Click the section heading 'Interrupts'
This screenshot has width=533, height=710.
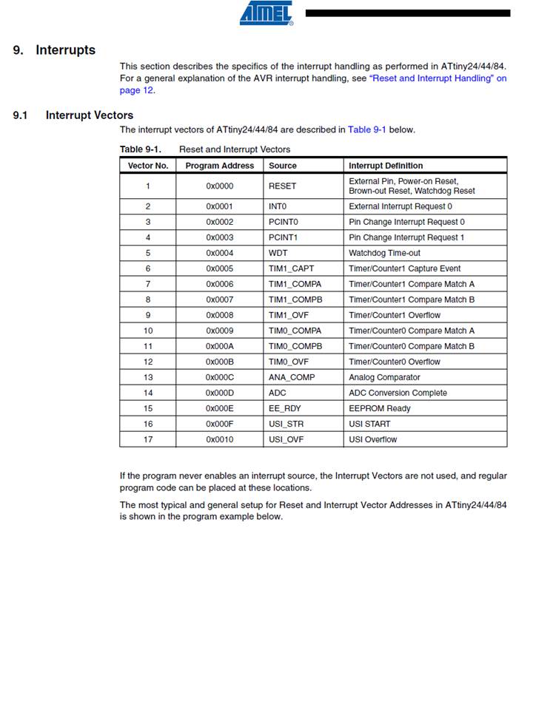point(65,50)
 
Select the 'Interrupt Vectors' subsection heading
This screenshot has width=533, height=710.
point(90,115)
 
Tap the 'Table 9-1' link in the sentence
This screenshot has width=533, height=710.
point(367,129)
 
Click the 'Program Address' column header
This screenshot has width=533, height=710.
point(219,166)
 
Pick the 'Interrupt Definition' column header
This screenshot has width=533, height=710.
point(386,166)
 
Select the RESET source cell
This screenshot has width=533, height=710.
point(282,186)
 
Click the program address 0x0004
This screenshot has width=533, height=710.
point(219,253)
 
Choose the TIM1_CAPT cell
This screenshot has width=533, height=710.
point(291,268)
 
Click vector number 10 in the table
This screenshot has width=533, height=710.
point(148,331)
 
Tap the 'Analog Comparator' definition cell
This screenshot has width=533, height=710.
point(384,377)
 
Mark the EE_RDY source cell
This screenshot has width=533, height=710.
point(285,408)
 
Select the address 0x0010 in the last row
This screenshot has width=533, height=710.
point(219,439)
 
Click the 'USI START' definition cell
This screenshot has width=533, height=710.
point(369,424)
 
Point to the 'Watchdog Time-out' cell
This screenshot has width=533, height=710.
point(384,253)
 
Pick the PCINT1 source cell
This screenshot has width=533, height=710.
point(284,237)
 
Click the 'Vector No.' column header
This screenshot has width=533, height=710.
point(148,166)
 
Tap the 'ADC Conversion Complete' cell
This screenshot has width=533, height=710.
point(398,393)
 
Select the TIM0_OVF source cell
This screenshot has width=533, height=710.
point(289,362)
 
